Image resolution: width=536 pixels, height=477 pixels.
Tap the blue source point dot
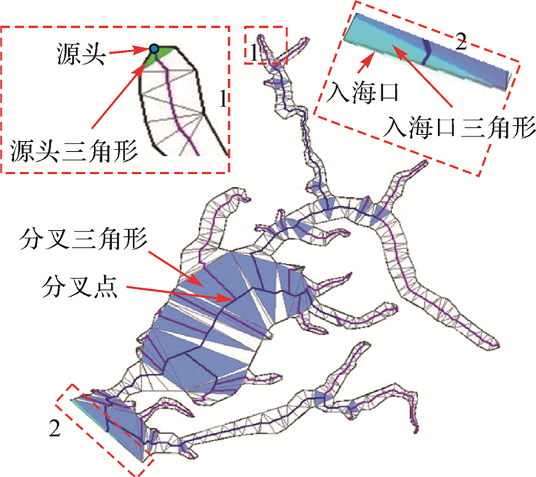point(155,49)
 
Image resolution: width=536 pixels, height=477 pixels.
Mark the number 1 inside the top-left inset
point(221,100)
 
